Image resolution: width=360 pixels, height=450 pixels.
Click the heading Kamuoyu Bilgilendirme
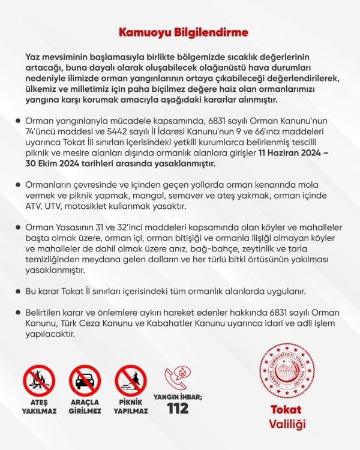click(x=179, y=31)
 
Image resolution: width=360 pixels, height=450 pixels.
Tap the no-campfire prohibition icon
click(x=39, y=380)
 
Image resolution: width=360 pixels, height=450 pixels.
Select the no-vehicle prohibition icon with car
click(x=85, y=380)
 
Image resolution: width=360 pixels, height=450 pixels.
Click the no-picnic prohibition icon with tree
click(x=130, y=380)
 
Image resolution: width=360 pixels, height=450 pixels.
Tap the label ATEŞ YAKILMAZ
click(x=39, y=406)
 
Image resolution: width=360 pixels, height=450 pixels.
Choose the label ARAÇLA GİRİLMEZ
click(x=85, y=406)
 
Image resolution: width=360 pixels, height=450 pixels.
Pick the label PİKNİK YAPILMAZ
click(x=130, y=406)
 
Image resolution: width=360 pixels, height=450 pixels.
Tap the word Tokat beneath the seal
click(x=286, y=410)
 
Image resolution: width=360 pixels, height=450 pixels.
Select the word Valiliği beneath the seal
click(x=286, y=425)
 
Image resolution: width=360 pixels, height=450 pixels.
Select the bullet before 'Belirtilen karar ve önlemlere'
click(x=19, y=313)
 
